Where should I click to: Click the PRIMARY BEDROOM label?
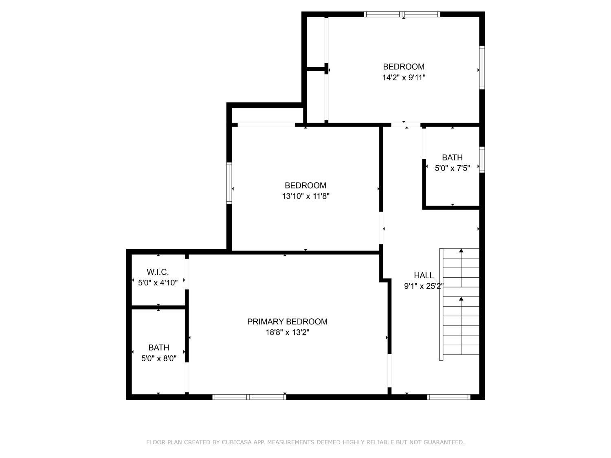click(x=287, y=322)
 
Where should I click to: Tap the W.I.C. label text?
click(x=158, y=272)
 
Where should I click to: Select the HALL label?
click(x=424, y=275)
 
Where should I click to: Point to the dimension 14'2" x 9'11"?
click(x=404, y=78)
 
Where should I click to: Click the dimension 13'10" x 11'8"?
click(x=305, y=196)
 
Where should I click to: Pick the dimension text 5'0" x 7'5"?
click(x=452, y=168)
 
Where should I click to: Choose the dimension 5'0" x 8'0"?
click(x=159, y=358)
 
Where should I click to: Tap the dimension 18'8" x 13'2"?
click(x=287, y=332)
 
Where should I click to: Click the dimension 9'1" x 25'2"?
click(x=423, y=286)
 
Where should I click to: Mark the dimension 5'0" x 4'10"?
click(x=158, y=283)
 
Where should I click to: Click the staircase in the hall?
click(x=459, y=305)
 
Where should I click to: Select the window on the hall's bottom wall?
click(x=449, y=397)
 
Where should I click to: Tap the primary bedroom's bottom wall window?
click(x=249, y=397)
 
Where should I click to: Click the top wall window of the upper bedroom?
click(x=402, y=14)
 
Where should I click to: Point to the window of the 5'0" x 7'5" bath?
click(x=482, y=160)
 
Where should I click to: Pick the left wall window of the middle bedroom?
click(x=229, y=183)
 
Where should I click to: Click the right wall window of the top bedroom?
click(x=482, y=68)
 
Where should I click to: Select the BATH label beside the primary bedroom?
click(x=159, y=348)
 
